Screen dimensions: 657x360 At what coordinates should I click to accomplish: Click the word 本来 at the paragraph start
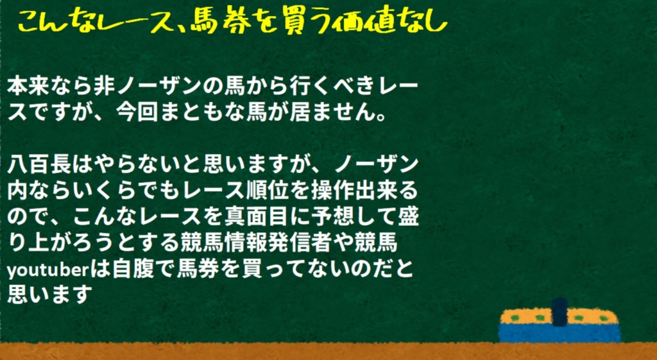(28, 87)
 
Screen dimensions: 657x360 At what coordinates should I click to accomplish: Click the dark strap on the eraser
(559, 312)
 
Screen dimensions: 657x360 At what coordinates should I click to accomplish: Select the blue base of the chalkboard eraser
(559, 333)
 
